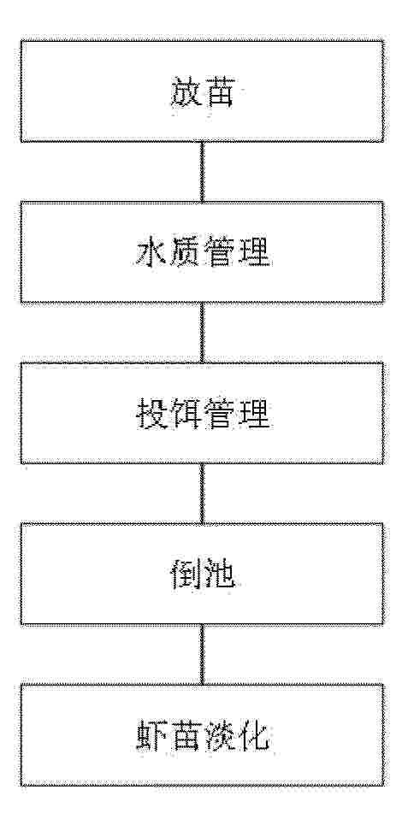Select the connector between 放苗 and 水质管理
202,172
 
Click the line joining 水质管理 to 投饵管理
202,333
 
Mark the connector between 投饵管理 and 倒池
202,493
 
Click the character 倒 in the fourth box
185,575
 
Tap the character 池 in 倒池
220,575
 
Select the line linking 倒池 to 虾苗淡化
202,655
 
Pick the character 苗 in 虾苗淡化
185,736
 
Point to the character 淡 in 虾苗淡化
221,736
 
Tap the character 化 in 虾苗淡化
254,736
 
